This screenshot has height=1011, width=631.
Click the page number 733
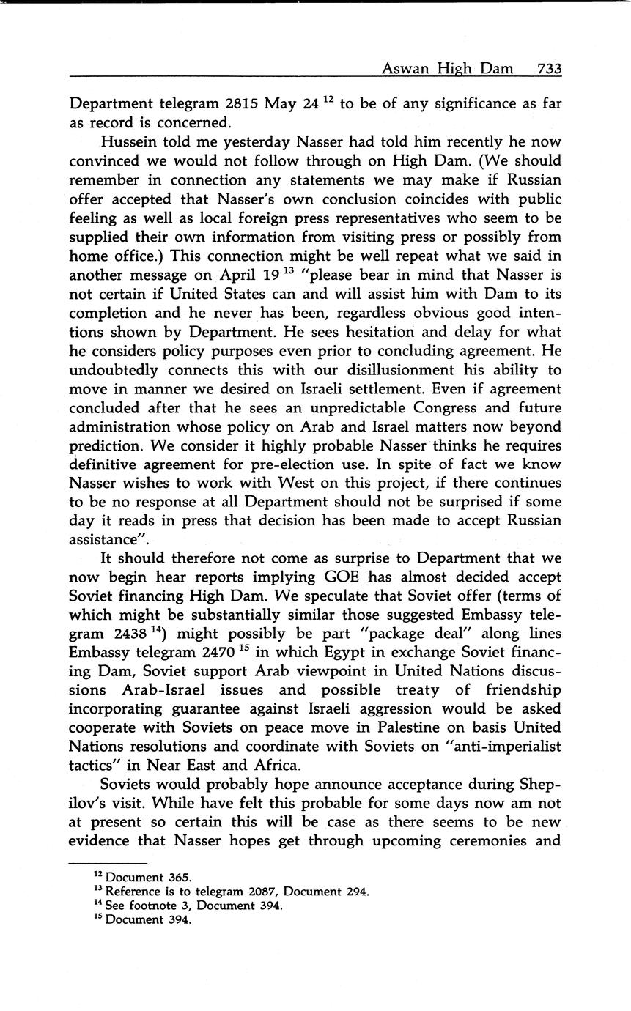coord(549,69)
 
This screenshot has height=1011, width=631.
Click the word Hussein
coord(130,141)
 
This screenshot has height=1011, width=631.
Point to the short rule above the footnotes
coord(108,863)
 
